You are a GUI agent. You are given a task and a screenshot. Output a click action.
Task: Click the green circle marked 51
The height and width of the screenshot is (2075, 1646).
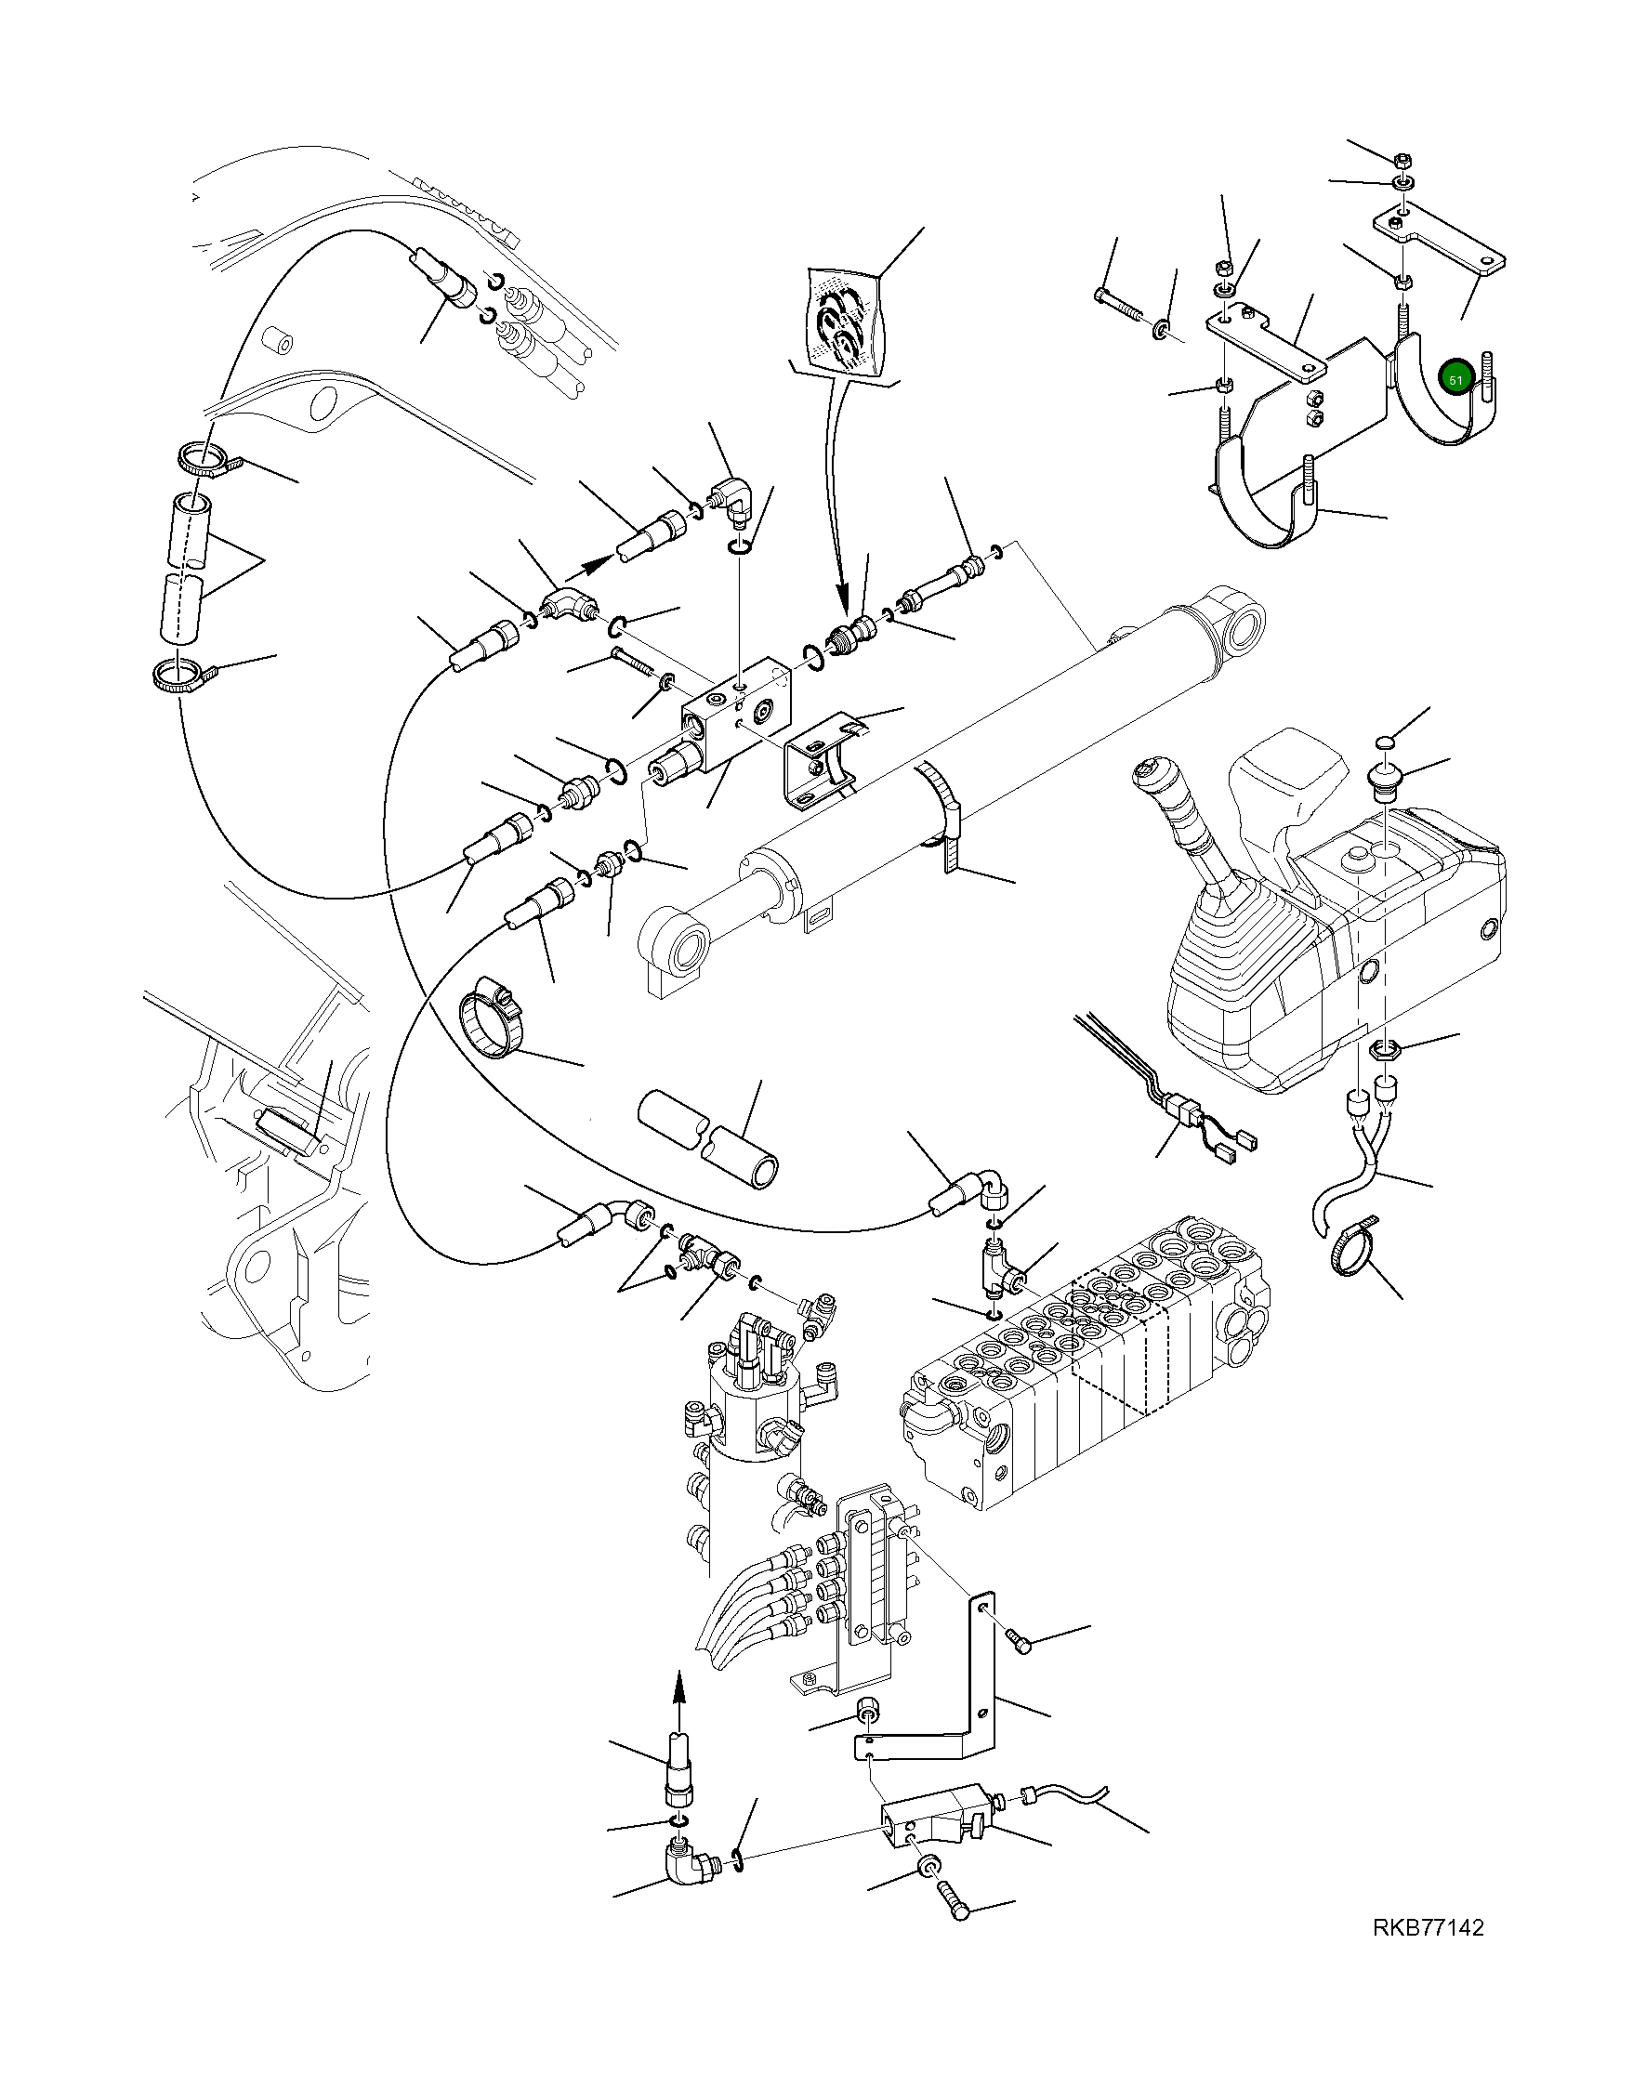click(x=1455, y=379)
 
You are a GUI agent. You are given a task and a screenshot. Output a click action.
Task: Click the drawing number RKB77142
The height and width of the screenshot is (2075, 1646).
click(x=1428, y=1953)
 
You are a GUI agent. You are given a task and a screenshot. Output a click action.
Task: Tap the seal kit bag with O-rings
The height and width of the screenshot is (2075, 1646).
click(x=845, y=322)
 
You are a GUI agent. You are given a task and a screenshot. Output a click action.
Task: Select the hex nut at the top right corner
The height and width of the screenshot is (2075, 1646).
click(x=1402, y=159)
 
